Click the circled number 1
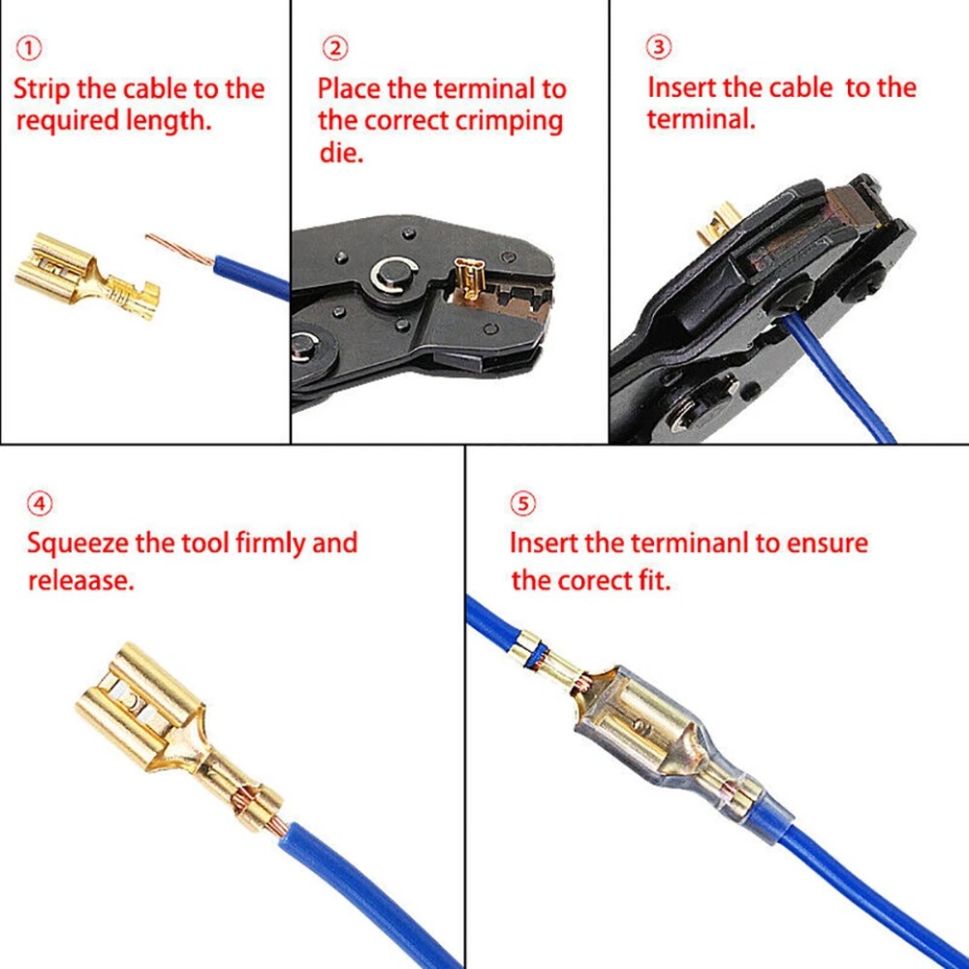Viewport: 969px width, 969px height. coord(28,48)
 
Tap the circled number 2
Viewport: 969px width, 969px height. coord(335,48)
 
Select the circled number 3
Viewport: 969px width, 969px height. coord(659,47)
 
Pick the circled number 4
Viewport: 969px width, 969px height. coord(40,504)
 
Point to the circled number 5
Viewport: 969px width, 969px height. coord(523,504)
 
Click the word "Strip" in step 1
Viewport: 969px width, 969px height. coord(42,89)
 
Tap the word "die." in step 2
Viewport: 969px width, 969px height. coord(341,152)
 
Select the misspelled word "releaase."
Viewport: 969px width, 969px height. coord(81,580)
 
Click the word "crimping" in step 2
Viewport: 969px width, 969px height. coord(510,122)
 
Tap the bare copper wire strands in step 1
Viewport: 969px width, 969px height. coord(180,250)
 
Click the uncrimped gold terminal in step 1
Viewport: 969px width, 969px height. coord(86,276)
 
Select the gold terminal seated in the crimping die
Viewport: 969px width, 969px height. coord(467,280)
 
